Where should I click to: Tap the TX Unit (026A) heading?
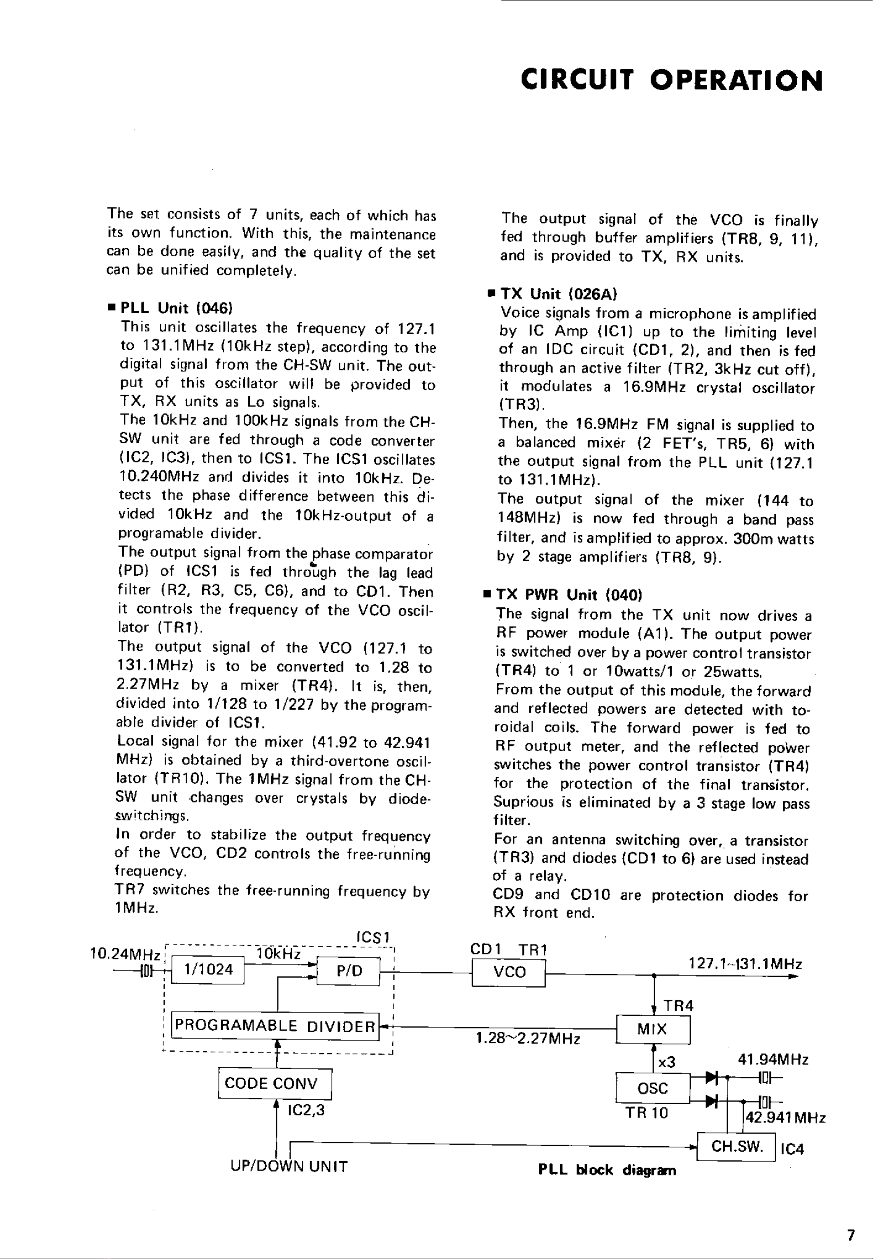coord(559,295)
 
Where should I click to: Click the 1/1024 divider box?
coord(208,969)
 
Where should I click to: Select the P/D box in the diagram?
coord(349,971)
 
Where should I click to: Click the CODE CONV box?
coord(275,1083)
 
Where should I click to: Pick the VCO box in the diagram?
coord(509,972)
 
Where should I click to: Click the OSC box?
coord(652,1088)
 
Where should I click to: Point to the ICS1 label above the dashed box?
coord(371,937)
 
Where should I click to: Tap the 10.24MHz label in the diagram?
coord(125,955)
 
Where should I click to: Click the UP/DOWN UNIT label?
coord(289,1167)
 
